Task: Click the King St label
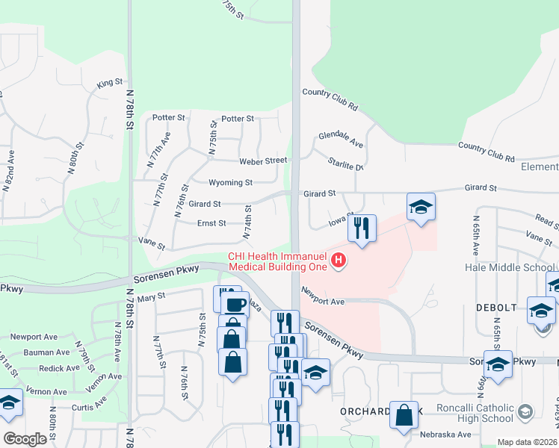[x=109, y=84]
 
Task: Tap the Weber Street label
[x=263, y=161]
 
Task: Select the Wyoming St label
[x=230, y=182]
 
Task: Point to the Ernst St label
[x=211, y=223]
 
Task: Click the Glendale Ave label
[x=340, y=139]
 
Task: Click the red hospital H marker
[x=339, y=261]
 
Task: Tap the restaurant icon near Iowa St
[x=362, y=228]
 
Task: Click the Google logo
[x=25, y=439]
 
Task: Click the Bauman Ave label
[x=46, y=352]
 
